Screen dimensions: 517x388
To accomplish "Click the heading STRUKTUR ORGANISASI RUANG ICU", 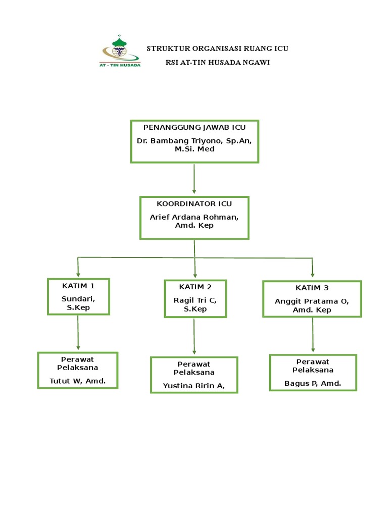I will [x=217, y=48].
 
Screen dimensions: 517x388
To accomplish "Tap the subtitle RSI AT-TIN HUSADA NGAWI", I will [x=217, y=63].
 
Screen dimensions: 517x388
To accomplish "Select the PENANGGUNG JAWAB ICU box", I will [x=195, y=141].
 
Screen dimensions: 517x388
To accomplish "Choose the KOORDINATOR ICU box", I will [x=195, y=218].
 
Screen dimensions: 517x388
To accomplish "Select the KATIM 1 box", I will [x=78, y=296].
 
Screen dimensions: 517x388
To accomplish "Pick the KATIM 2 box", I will [x=195, y=298].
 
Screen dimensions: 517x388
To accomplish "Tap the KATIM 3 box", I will [x=312, y=299].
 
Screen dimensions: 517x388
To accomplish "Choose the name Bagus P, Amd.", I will [x=313, y=384].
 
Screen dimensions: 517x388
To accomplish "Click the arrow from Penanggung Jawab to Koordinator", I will [x=195, y=179].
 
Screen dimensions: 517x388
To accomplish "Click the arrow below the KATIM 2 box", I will [x=195, y=336].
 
